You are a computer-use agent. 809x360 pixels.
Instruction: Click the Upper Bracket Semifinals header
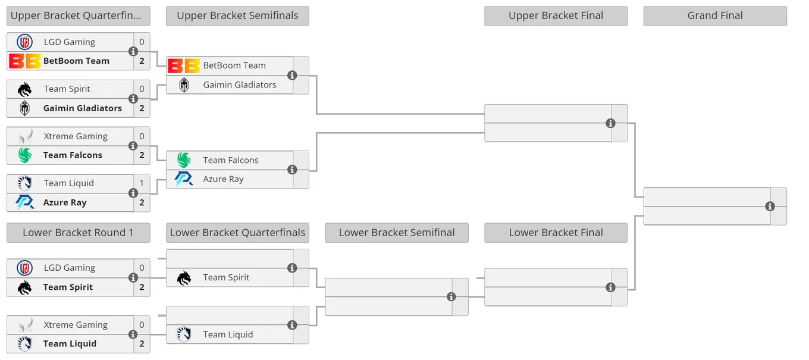(237, 15)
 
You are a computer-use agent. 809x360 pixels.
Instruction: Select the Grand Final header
(715, 15)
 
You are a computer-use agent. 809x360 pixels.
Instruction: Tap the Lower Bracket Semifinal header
(397, 233)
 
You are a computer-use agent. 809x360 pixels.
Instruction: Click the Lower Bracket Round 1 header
(79, 233)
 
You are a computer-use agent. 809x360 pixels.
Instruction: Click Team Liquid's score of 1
(142, 183)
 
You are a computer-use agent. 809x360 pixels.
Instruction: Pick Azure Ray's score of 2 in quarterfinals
(142, 202)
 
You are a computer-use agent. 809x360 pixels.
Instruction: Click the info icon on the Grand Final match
(770, 206)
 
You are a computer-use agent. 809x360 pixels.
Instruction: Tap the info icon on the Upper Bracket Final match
(610, 123)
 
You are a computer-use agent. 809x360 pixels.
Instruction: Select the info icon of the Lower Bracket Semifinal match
(451, 297)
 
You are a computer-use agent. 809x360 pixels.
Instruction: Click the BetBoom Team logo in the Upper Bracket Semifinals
(184, 66)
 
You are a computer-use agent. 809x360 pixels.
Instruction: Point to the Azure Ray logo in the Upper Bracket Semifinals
(184, 179)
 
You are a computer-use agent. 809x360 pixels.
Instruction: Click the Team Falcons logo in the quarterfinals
(25, 155)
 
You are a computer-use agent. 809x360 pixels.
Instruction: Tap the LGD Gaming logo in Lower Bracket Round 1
(24, 268)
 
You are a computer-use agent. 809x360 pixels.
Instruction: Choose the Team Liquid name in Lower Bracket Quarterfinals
(228, 334)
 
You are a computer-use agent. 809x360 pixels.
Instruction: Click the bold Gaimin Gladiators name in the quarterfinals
(82, 108)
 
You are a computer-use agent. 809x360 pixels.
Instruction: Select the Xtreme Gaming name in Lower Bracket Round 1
(76, 324)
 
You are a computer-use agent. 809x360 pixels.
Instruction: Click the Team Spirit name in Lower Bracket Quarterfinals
(226, 277)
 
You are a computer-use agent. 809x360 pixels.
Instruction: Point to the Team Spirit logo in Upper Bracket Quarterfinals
(24, 89)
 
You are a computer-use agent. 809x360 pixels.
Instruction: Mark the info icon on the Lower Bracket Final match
(610, 287)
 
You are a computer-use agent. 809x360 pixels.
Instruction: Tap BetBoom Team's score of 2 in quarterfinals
(142, 61)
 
